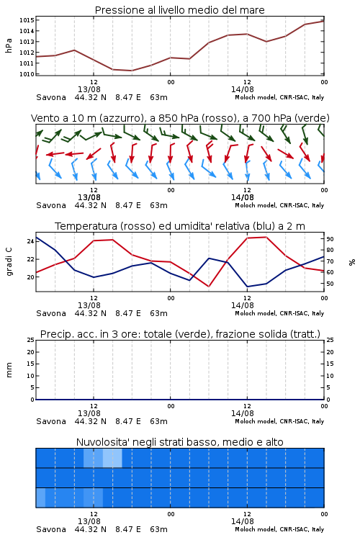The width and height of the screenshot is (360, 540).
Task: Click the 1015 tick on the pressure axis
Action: point(27,20)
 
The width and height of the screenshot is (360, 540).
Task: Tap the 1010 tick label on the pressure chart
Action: point(27,74)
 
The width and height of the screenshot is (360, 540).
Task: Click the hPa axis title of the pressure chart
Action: point(9,45)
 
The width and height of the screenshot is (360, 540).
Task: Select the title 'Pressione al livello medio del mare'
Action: point(180,10)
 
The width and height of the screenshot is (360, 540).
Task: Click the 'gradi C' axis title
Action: point(9,261)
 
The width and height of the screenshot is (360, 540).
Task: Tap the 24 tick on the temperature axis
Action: point(31,241)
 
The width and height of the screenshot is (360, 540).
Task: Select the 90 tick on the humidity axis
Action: point(330,239)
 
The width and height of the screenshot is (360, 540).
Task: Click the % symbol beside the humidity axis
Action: point(352,262)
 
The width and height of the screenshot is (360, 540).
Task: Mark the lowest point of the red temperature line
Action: point(209,287)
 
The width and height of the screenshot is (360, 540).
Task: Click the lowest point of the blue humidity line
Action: point(248,287)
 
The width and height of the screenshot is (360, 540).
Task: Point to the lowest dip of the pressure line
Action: point(132,71)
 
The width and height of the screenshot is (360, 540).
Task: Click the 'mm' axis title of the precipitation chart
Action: point(9,370)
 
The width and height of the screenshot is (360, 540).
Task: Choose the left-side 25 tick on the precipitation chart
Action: point(31,340)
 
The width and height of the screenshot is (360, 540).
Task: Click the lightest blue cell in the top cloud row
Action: point(112,458)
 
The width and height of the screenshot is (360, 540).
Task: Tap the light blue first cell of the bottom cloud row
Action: point(40,498)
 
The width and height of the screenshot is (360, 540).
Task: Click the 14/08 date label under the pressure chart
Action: point(243,89)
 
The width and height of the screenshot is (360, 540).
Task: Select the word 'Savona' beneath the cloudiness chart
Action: point(51,529)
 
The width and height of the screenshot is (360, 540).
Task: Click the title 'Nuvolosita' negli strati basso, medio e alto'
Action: point(180,442)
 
